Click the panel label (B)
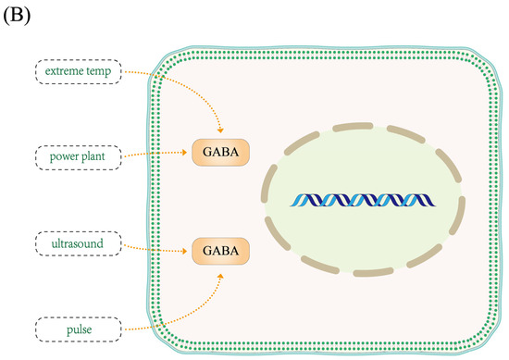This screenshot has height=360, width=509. [x=19, y=16]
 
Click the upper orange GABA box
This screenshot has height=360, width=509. [x=220, y=152]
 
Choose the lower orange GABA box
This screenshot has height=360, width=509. [x=220, y=249]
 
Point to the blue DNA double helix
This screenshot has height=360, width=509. [x=374, y=201]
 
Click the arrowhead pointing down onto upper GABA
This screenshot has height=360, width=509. [x=219, y=130]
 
